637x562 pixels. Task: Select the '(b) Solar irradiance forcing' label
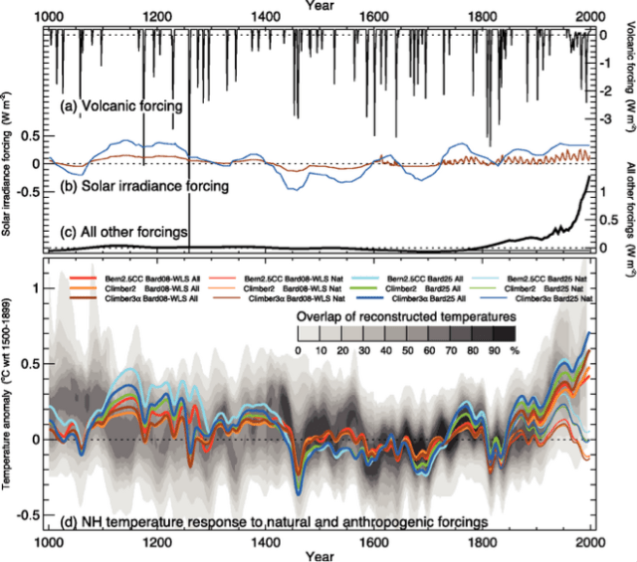click(x=144, y=185)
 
